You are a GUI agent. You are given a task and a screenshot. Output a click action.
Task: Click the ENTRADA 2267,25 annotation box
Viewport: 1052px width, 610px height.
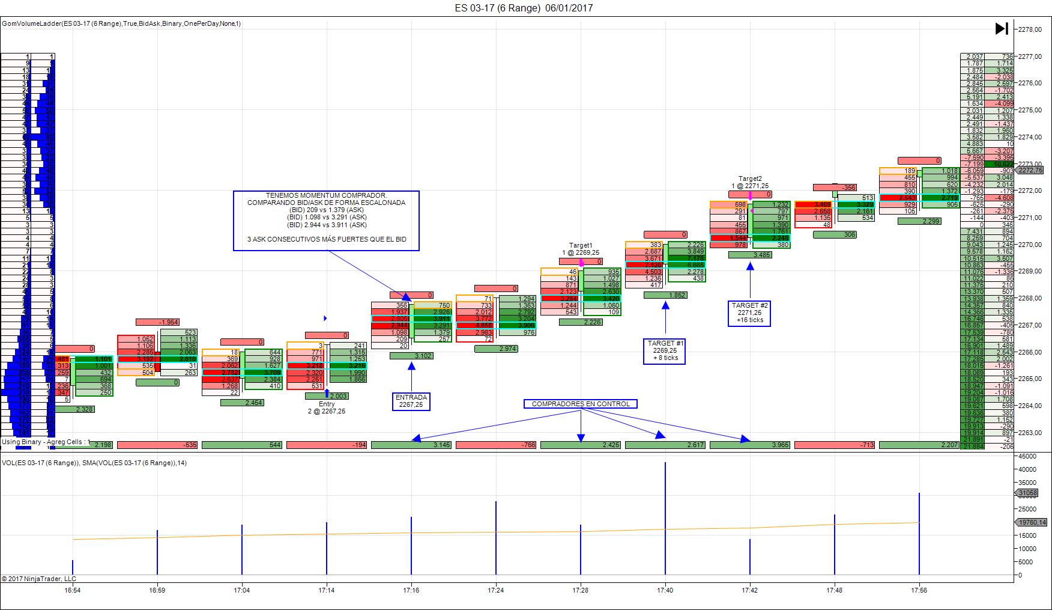[411, 401]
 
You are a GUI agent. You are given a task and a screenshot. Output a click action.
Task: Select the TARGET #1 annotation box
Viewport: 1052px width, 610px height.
[665, 350]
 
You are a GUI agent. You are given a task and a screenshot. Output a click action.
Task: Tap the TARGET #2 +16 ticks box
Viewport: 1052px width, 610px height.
[749, 313]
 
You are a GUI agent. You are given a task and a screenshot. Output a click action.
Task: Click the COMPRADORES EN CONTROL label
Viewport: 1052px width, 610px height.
[581, 404]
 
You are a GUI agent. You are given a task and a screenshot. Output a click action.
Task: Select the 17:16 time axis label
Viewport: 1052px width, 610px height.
[411, 590]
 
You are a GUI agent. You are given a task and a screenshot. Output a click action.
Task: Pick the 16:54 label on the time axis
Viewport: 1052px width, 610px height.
[73, 590]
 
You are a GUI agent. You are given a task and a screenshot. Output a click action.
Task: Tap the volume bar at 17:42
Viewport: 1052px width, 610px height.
[750, 557]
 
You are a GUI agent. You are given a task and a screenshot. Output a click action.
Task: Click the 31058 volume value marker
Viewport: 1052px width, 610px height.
[1027, 493]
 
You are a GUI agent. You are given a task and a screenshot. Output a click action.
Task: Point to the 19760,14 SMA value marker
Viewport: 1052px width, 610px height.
[1030, 522]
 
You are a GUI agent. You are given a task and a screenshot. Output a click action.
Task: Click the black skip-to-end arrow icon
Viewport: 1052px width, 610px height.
[1002, 28]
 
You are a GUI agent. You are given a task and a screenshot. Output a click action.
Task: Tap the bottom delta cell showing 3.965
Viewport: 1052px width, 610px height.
[749, 445]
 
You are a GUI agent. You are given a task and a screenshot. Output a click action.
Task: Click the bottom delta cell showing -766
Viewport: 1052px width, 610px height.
[495, 445]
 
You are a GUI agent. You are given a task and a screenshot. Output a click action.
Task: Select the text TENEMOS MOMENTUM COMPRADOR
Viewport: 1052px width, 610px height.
[326, 195]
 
